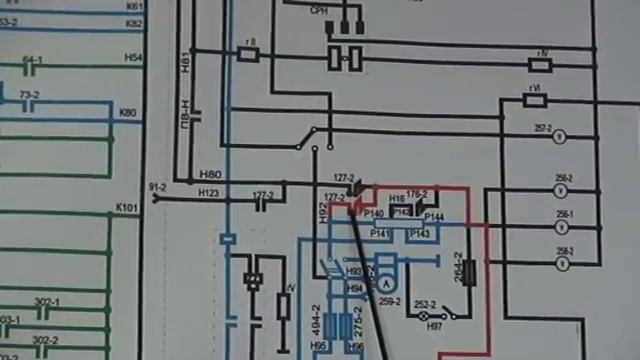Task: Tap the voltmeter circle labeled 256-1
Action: (561, 225)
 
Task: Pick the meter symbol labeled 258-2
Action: (561, 264)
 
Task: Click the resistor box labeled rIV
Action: (540, 66)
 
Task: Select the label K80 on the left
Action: (127, 112)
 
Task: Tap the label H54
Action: (133, 58)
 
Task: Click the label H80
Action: (210, 175)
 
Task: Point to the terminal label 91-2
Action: (157, 187)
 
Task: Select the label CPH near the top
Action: (319, 10)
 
